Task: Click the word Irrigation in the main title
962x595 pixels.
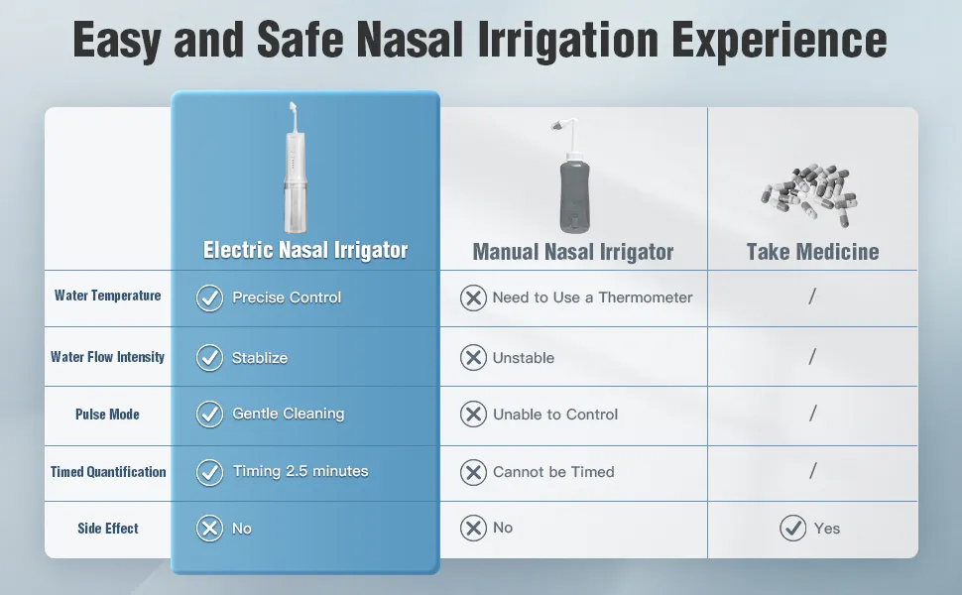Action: (567, 41)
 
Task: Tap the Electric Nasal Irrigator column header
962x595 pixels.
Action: (305, 250)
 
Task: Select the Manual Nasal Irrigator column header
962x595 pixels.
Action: (573, 252)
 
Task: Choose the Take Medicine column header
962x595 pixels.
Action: (812, 252)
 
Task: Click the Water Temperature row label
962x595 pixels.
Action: (107, 296)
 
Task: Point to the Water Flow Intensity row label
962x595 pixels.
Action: (107, 357)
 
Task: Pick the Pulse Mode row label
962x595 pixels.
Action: (107, 415)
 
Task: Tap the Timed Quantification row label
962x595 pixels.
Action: (108, 472)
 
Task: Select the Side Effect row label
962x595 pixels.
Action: (108, 529)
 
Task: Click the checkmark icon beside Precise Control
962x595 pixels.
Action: (210, 298)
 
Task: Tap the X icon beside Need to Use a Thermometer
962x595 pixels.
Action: (474, 298)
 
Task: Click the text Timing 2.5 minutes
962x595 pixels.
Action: (301, 471)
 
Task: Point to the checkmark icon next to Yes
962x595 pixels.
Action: (793, 529)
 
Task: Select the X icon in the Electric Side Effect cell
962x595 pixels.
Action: (210, 529)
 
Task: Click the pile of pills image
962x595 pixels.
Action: (809, 195)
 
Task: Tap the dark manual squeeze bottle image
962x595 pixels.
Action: (574, 177)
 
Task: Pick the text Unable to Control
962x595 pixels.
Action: (555, 415)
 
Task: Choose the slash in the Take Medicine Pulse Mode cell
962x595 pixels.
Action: (813, 414)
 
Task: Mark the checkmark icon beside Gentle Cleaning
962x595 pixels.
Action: (210, 415)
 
